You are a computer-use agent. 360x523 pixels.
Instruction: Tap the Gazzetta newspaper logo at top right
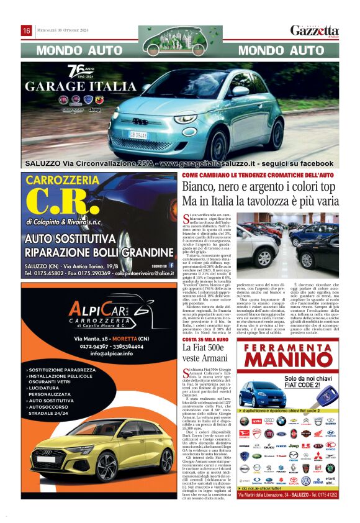click(315, 30)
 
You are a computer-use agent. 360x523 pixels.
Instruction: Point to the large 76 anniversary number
click(75, 70)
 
